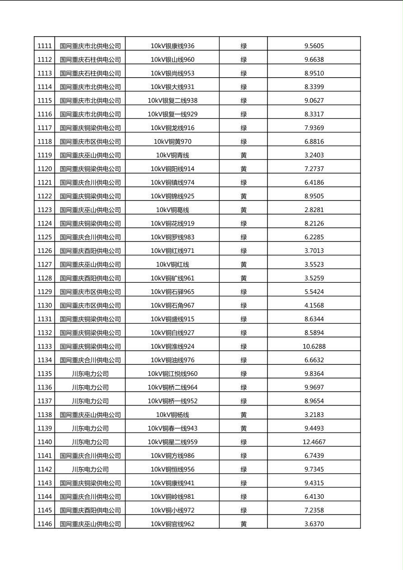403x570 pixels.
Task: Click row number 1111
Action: coord(44,46)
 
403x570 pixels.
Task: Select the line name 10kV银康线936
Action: coord(173,46)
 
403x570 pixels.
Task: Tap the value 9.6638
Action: coord(314,59)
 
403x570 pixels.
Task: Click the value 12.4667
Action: coord(314,442)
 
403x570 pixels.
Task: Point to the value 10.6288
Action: coord(314,346)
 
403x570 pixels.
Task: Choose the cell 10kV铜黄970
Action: coord(173,141)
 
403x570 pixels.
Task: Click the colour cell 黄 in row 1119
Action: coord(244,155)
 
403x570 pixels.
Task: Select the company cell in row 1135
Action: coord(90,374)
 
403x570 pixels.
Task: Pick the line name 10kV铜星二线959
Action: coord(173,442)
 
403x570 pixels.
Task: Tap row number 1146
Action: coord(44,524)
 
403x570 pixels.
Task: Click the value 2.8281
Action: coord(314,210)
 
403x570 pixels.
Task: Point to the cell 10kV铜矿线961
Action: coord(173,278)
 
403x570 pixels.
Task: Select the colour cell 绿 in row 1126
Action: coord(244,251)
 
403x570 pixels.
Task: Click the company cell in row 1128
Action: coord(90,278)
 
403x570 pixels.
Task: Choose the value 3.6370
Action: coord(314,524)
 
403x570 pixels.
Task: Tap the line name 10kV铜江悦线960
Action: coord(173,374)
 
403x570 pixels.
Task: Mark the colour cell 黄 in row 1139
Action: coord(244,428)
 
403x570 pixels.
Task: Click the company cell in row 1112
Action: coord(90,59)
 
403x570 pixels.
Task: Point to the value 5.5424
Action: coord(314,292)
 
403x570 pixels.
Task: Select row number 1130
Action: coord(44,305)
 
